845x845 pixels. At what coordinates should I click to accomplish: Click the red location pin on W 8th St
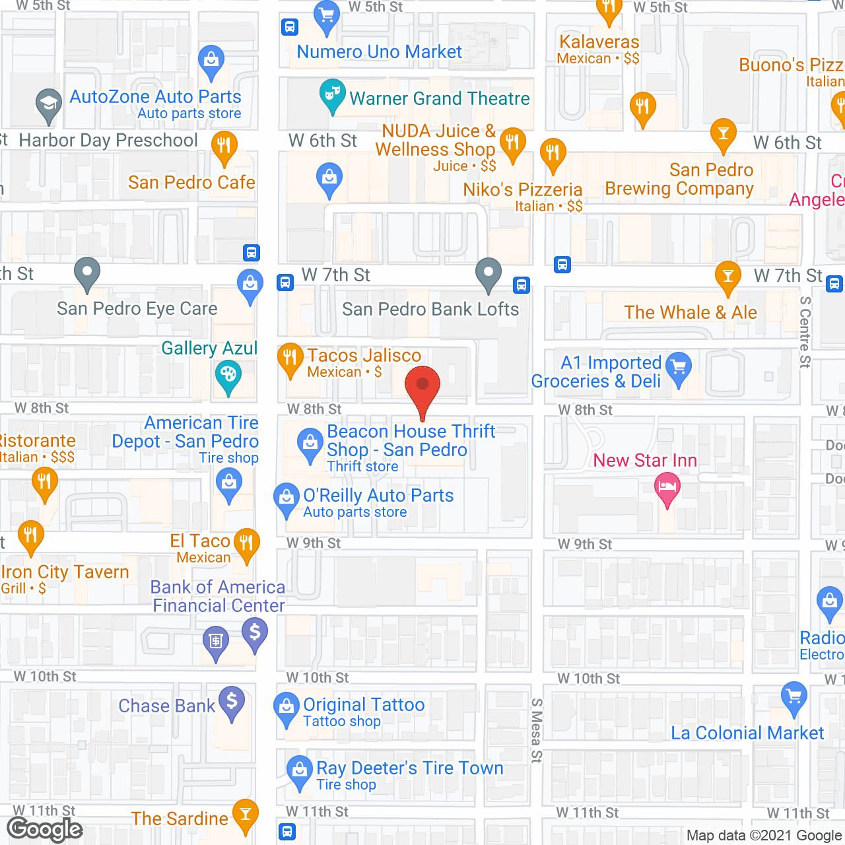pos(422,386)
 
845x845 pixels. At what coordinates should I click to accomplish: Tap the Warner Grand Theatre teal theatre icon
pos(332,94)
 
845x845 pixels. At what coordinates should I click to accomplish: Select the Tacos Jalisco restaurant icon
pos(290,358)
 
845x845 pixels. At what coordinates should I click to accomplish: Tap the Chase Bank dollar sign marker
pos(232,701)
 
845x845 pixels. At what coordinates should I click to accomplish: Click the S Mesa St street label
pos(537,730)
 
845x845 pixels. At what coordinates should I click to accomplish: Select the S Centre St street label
pos(805,332)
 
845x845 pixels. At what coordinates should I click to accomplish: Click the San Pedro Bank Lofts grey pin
pos(489,272)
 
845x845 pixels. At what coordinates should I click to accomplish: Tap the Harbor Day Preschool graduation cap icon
pos(48,104)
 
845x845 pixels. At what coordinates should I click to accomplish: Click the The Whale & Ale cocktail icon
pos(727,276)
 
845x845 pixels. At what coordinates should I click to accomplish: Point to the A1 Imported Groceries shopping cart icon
pos(679,367)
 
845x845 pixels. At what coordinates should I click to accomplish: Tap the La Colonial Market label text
pos(747,733)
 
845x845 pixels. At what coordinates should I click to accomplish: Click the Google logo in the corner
pos(45,829)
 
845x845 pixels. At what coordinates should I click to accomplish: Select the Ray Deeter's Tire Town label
pos(409,768)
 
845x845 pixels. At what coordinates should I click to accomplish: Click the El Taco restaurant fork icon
pos(246,544)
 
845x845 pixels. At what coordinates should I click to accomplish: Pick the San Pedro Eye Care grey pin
pos(87,272)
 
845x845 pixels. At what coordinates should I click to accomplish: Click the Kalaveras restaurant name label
pos(599,42)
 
